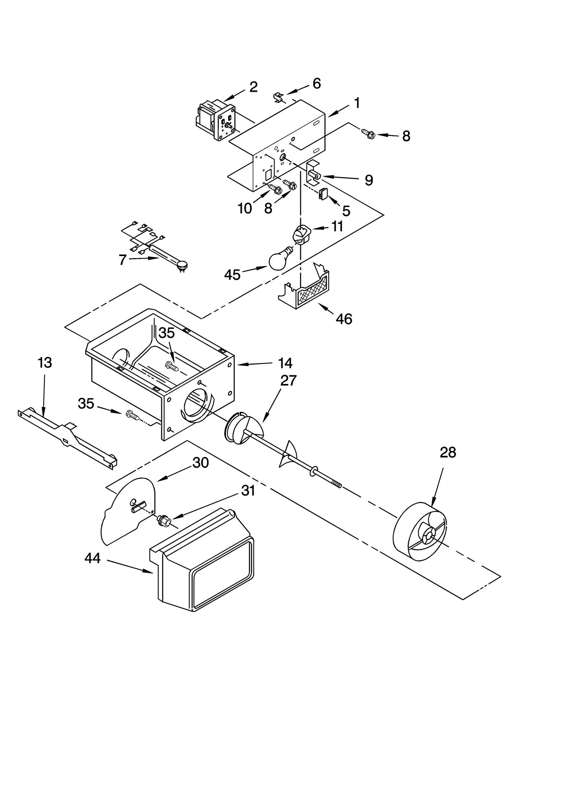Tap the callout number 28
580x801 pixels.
(x=448, y=453)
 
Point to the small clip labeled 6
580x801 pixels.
(x=278, y=97)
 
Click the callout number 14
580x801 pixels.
(x=285, y=363)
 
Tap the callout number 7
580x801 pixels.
(x=123, y=260)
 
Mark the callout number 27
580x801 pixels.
(x=289, y=380)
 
